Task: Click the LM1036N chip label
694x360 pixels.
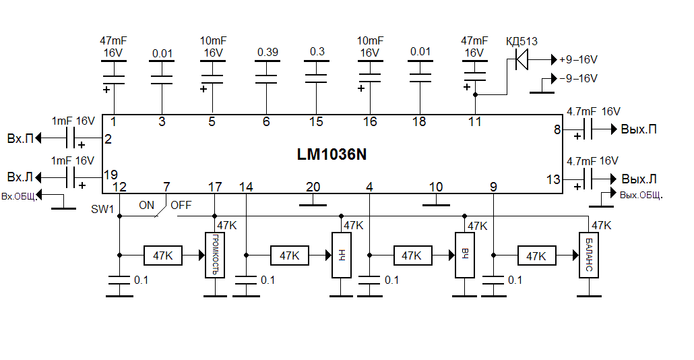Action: pos(332,154)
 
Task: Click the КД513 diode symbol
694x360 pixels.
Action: pos(519,60)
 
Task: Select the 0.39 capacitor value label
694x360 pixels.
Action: pos(267,52)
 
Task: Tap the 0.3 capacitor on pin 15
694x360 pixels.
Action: pos(316,75)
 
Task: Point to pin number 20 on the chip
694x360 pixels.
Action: pos(313,187)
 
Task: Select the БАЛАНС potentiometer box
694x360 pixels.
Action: pos(588,255)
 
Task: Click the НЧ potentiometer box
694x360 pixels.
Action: pos(341,255)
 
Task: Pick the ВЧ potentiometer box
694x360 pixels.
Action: pos(465,255)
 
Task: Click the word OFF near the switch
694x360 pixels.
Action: pos(181,205)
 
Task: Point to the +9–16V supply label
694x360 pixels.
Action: pos(578,60)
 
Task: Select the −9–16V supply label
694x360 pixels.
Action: pos(578,78)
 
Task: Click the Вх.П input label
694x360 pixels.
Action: pos(20,139)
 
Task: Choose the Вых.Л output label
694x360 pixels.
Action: pos(639,179)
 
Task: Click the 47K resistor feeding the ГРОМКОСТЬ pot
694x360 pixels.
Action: pos(163,256)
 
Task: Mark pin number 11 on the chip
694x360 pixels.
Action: pos(475,121)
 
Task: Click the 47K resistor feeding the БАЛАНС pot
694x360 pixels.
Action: pos(536,256)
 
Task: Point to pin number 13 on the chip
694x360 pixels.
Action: pos(553,179)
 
